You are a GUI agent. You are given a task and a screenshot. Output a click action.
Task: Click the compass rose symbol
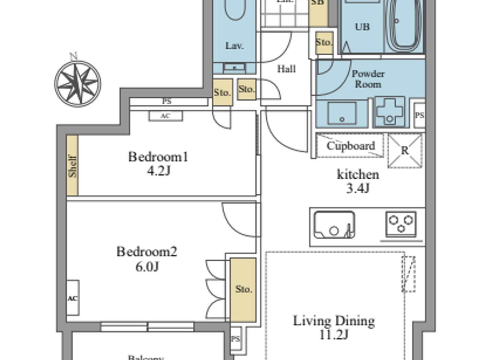coord(78,83)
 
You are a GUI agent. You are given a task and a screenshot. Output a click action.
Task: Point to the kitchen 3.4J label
coord(358,181)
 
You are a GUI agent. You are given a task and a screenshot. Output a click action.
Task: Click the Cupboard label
coord(350,146)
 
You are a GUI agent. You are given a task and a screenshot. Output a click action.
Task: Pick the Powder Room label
coord(368,79)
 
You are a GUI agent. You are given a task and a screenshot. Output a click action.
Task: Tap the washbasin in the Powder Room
coord(342,113)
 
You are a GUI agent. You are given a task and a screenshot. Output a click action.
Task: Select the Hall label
coord(286,69)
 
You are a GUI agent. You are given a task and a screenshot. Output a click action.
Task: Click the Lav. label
coord(235,46)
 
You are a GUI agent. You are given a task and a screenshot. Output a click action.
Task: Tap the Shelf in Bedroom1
coord(72,166)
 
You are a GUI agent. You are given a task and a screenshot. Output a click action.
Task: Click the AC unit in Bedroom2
coord(73,298)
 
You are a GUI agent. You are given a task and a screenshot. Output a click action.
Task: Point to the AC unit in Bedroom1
coord(166,116)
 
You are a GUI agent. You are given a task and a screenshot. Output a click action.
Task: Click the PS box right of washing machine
coord(419,115)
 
